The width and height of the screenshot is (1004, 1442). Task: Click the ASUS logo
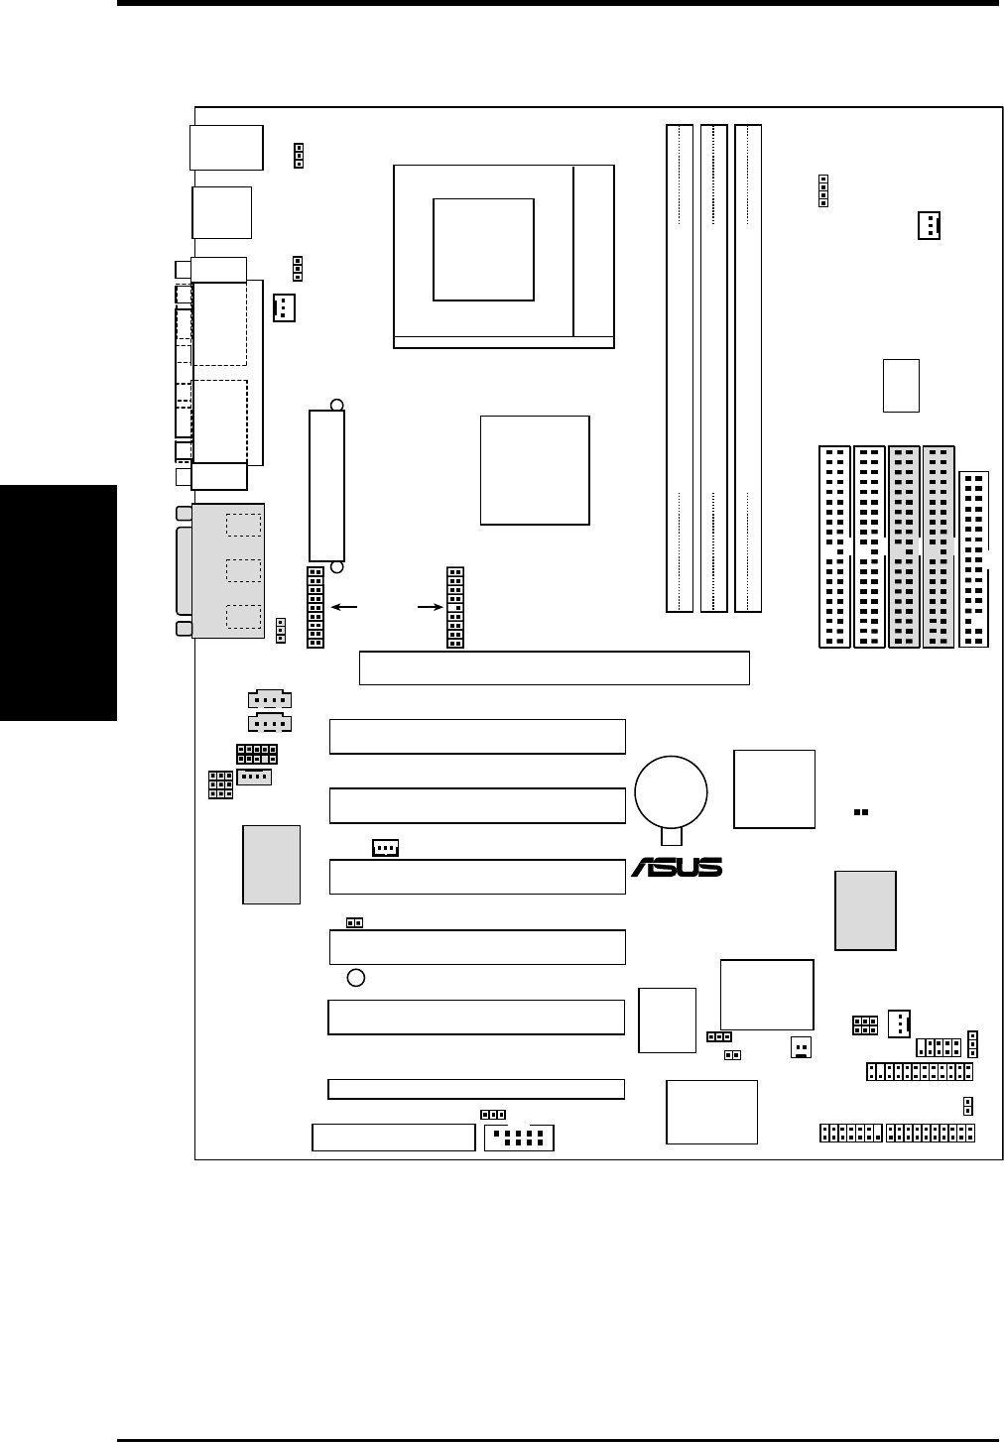pos(678,868)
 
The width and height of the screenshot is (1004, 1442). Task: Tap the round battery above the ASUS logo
pos(672,792)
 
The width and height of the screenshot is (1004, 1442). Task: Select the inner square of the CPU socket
pos(484,248)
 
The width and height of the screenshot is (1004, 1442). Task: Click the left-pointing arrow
pos(346,606)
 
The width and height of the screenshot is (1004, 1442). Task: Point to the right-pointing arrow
pos(430,606)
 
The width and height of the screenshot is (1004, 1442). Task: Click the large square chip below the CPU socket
pos(535,470)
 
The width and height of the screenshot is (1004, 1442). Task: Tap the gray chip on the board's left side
pos(271,864)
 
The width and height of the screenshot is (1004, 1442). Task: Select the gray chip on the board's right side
pos(866,910)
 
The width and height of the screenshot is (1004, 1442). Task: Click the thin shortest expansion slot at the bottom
pos(476,1089)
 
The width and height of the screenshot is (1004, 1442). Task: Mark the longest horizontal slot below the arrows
pos(554,667)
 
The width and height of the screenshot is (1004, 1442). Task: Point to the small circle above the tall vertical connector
pos(337,404)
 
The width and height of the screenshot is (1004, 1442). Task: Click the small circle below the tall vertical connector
pos(337,567)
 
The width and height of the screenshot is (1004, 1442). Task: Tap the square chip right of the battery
pos(774,788)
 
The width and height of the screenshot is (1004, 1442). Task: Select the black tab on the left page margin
pos(59,603)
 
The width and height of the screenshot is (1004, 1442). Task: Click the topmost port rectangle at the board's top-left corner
pos(226,148)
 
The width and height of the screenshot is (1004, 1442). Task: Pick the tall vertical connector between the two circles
pos(327,485)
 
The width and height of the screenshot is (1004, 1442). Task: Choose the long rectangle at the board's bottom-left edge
pos(394,1138)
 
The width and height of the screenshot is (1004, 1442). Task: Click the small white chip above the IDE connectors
pos(901,385)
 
